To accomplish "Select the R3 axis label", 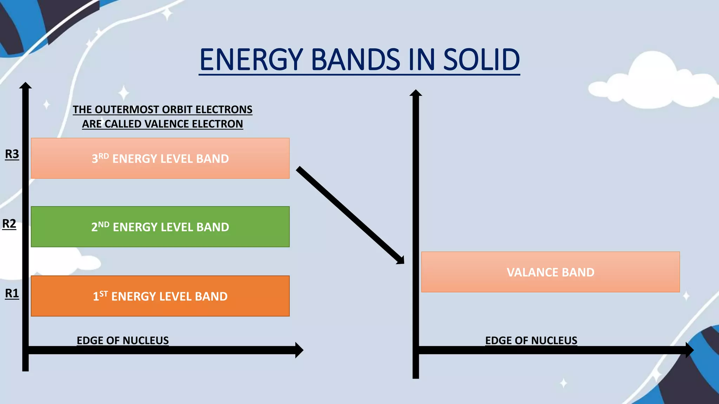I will (12, 154).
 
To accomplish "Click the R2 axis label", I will (9, 223).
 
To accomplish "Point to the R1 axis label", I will (12, 293).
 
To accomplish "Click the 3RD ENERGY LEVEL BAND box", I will (160, 159).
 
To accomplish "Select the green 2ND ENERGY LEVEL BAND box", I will (160, 227).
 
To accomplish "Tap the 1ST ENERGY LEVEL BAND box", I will (160, 296).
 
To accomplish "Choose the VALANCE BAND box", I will (550, 272).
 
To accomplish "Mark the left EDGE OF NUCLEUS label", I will (123, 340).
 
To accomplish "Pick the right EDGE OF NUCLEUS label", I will (531, 340).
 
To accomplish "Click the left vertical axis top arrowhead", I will (25, 86).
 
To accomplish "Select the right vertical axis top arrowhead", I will (416, 93).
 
